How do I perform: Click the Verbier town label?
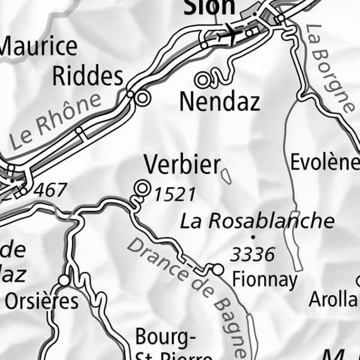pos(182,165)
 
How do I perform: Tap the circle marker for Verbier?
pos(142,188)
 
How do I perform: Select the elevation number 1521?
pos(175,194)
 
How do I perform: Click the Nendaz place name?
pos(220,102)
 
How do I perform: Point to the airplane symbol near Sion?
pos(228,34)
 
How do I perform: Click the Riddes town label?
pos(88,76)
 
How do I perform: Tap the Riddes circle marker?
pos(142,98)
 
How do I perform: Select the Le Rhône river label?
pos(56,122)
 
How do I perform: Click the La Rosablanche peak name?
pos(257,221)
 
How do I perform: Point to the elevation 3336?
pos(253,255)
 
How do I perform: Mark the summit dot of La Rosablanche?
pos(253,237)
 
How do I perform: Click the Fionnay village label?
pos(265,280)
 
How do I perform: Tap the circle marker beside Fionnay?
pos(218,271)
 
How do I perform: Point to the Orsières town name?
pos(41,301)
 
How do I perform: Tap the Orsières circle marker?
pos(64,280)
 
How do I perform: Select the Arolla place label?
pos(334,299)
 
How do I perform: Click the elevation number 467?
pos(50,191)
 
